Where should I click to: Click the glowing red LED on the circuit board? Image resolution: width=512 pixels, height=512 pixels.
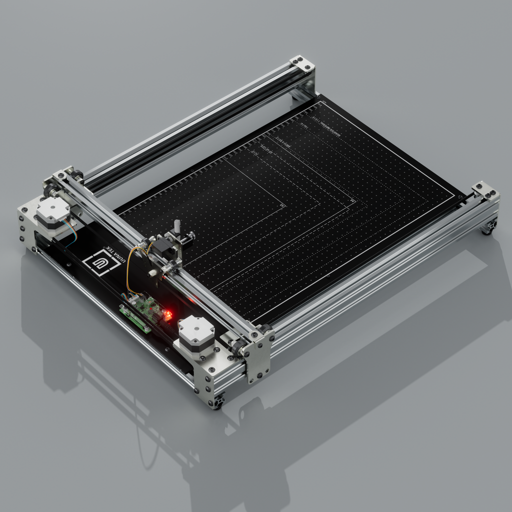coord(168,315)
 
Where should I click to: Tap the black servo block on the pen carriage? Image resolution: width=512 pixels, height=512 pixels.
coord(163,247)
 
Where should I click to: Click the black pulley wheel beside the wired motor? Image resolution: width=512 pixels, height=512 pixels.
coord(49,191)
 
